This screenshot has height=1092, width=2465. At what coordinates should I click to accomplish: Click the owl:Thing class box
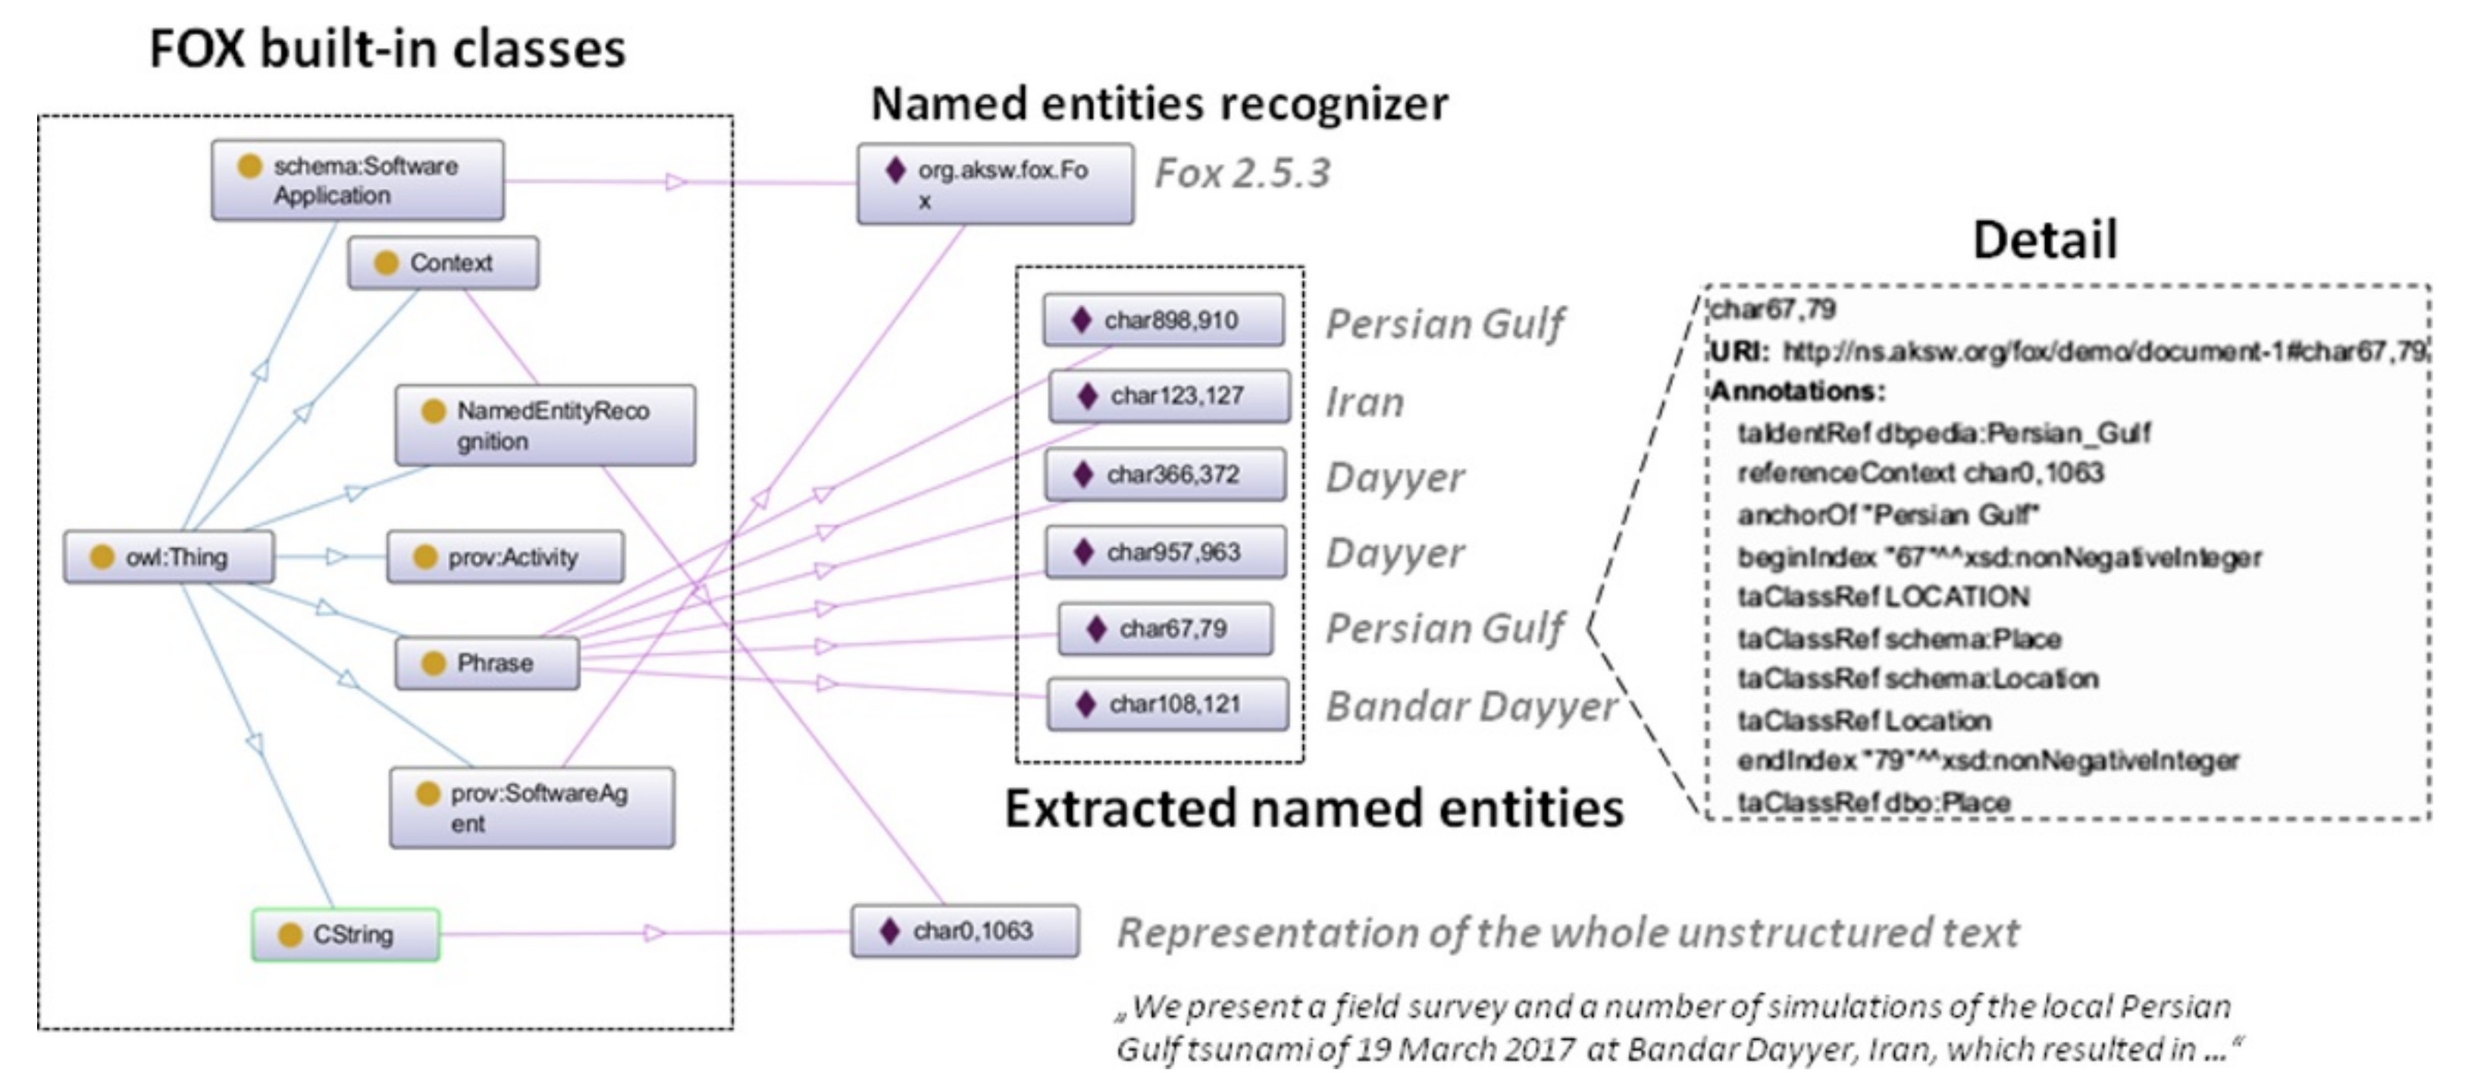pyautogui.click(x=168, y=557)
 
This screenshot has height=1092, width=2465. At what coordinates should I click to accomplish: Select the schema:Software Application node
pyautogui.click(x=357, y=180)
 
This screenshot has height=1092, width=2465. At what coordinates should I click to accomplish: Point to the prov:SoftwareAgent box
pyautogui.click(x=531, y=808)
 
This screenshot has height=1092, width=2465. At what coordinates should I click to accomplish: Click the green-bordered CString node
pyautogui.click(x=346, y=934)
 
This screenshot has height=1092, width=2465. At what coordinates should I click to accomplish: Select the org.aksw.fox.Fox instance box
pyautogui.click(x=994, y=184)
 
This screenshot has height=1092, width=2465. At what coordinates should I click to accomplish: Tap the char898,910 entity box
pyautogui.click(x=1163, y=320)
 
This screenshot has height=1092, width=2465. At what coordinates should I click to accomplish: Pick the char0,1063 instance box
pyautogui.click(x=965, y=930)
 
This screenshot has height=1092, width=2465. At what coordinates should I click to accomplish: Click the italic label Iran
pyautogui.click(x=1364, y=402)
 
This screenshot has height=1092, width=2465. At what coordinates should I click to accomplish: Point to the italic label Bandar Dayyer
pyautogui.click(x=1471, y=706)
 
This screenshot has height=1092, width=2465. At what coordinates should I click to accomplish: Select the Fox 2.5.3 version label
pyautogui.click(x=1242, y=173)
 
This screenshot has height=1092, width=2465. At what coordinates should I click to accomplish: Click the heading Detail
pyautogui.click(x=2044, y=240)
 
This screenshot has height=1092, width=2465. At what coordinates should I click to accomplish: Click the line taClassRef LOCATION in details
pyautogui.click(x=1882, y=598)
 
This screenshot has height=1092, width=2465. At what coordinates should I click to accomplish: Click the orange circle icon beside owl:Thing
pyautogui.click(x=102, y=557)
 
